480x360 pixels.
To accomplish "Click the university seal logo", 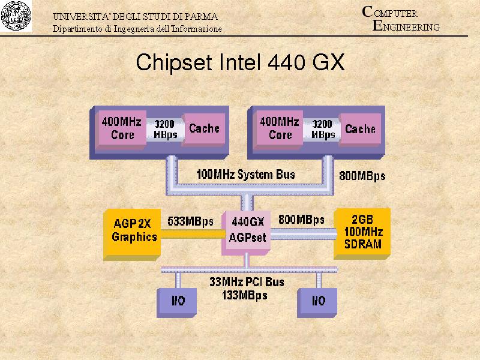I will [x=16, y=16].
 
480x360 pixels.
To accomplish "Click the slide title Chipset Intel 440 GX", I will [x=240, y=62].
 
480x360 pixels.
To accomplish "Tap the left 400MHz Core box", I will [x=122, y=128].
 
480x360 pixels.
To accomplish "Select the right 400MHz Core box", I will [x=280, y=128].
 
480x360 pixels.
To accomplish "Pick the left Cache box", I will [x=204, y=128].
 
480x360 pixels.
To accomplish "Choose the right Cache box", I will [x=360, y=128].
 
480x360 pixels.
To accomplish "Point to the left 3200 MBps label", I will [x=164, y=129].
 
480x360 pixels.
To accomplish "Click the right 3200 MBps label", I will [x=323, y=129].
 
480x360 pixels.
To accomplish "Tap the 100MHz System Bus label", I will [x=246, y=175].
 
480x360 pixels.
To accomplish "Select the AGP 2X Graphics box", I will [x=134, y=230].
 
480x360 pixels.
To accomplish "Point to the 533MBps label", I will [x=191, y=221].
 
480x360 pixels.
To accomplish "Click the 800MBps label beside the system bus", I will [x=362, y=176].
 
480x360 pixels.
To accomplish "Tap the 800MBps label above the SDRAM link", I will [x=301, y=220].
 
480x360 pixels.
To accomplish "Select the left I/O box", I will [x=178, y=301].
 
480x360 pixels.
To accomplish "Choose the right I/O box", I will [x=318, y=301].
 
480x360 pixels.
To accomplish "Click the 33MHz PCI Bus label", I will [x=247, y=281].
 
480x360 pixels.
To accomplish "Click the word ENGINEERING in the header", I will [x=406, y=26].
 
